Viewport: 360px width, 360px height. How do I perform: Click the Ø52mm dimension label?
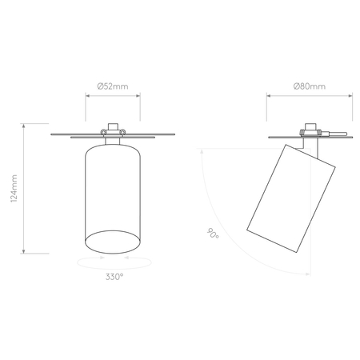click(113, 85)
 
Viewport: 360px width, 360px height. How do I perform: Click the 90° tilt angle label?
click(213, 234)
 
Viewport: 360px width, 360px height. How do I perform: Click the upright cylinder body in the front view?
click(113, 192)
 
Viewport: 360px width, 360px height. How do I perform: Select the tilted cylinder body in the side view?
click(289, 196)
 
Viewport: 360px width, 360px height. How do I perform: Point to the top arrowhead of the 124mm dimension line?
click(26, 126)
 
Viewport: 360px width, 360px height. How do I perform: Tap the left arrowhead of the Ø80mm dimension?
click(269, 97)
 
